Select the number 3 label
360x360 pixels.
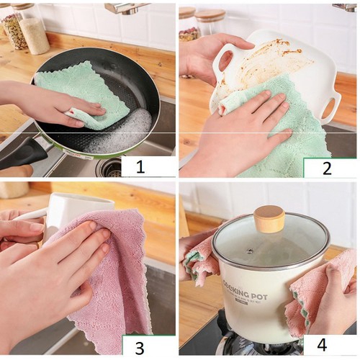click(140, 347)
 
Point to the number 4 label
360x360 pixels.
click(322, 345)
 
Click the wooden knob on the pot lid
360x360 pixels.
click(269, 218)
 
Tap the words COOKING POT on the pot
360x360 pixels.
click(249, 296)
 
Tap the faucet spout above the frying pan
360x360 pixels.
click(126, 7)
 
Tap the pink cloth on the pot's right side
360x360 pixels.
click(317, 295)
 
